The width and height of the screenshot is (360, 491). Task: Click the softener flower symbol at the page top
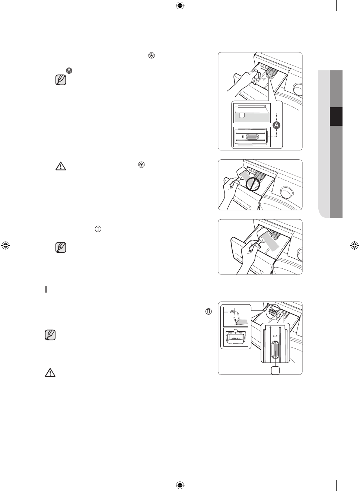tap(152, 55)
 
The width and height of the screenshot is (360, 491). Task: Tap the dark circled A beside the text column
tap(69, 70)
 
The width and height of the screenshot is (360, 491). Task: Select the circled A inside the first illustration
tap(277, 125)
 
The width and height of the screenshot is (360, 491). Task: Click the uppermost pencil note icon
tap(61, 80)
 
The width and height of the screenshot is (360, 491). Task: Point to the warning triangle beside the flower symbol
tap(61, 166)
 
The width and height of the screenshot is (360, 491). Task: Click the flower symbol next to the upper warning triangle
tap(141, 165)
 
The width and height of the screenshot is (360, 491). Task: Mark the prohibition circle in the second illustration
tap(253, 183)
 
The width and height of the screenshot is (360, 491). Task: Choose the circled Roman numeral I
tap(98, 229)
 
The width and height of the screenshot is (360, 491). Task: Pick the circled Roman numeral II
tap(208, 312)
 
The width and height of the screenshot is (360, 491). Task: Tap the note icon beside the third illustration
tap(61, 248)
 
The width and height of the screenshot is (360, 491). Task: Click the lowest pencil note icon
tap(50, 335)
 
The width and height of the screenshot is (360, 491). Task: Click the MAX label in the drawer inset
tap(235, 338)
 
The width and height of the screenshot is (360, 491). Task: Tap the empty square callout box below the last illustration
tap(275, 370)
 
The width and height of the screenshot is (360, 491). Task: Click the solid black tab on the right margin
tap(336, 117)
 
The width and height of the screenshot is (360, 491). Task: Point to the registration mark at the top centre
tap(180, 6)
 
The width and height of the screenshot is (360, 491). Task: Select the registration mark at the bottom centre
tap(180, 485)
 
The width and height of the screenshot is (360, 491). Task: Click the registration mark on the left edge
tap(6, 245)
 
